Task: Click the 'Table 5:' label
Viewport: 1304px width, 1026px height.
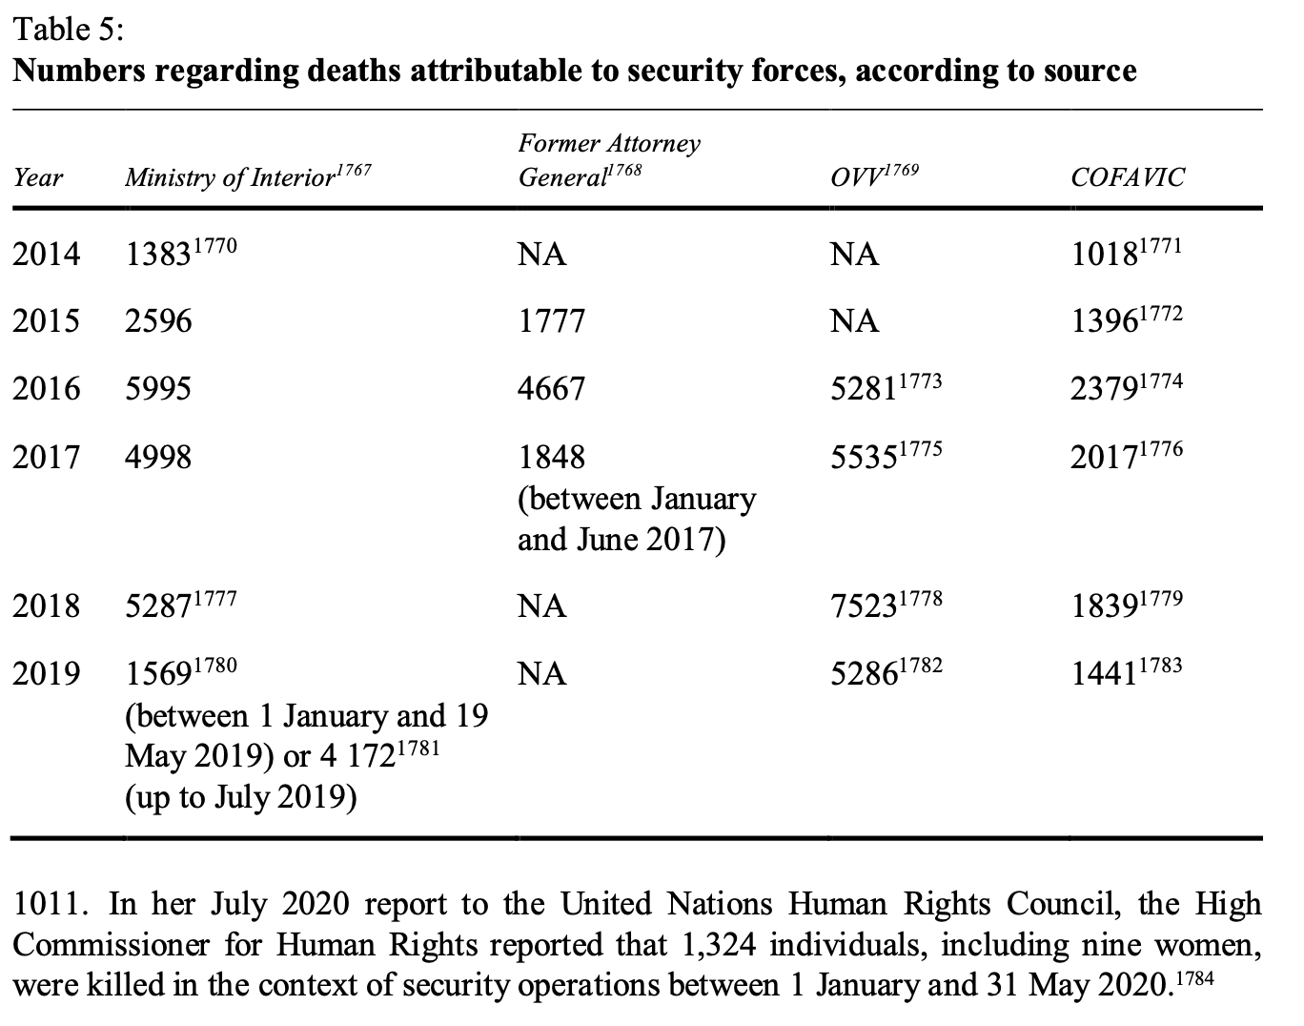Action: tap(69, 30)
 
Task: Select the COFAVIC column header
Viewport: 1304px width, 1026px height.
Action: tap(1127, 177)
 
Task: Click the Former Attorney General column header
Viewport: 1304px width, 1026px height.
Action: tap(609, 160)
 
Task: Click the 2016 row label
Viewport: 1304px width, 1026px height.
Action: tap(46, 388)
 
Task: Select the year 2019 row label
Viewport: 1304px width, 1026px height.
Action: tap(46, 673)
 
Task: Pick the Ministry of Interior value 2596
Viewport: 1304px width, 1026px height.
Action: tap(158, 320)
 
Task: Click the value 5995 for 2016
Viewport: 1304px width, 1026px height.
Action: tap(158, 388)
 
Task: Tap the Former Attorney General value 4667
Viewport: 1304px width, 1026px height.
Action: tap(551, 388)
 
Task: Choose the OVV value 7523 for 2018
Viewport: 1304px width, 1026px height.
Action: tap(864, 605)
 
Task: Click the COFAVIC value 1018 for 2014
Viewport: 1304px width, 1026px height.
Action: tap(1104, 254)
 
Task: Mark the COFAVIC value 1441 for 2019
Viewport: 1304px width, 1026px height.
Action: tap(1104, 673)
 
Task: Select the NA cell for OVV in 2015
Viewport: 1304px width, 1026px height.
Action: tap(854, 320)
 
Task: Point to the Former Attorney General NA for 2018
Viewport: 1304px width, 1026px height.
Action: tap(541, 605)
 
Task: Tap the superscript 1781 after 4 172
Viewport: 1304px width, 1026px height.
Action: tap(418, 748)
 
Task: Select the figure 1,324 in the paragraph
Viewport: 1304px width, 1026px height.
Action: tap(719, 945)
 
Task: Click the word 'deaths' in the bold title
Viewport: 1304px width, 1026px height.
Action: tap(354, 71)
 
